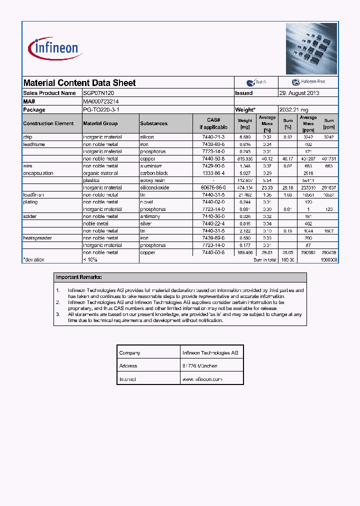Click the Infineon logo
click(55, 48)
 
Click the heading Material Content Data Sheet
click(79, 83)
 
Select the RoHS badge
click(256, 82)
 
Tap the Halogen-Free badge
click(308, 82)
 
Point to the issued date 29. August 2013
click(299, 93)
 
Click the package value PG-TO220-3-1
click(101, 109)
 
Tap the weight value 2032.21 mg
click(293, 109)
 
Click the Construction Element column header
click(48, 123)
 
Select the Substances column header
click(154, 123)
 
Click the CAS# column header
click(213, 123)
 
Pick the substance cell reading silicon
click(147, 137)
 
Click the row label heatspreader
click(37, 238)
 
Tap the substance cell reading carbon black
click(154, 173)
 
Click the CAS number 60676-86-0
click(213, 187)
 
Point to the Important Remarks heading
click(79, 277)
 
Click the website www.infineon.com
click(202, 379)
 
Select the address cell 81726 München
click(200, 366)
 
